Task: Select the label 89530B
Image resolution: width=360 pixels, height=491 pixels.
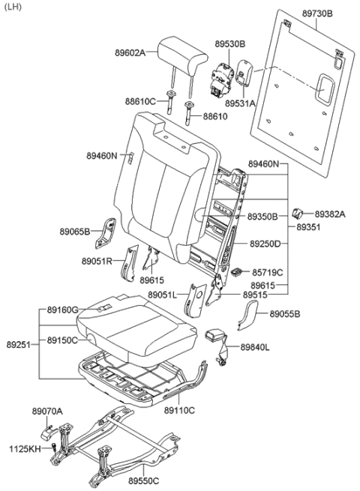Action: [230, 44]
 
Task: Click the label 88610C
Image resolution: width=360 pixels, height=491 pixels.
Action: [141, 101]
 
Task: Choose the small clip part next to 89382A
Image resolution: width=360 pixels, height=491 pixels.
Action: [298, 213]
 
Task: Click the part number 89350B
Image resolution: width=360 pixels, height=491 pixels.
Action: [263, 216]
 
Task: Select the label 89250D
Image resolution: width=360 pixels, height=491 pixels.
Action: [264, 244]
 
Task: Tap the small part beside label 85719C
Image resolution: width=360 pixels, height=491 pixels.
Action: [238, 273]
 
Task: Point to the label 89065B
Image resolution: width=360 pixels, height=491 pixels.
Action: [75, 231]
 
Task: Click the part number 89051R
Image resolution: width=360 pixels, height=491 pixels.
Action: [97, 261]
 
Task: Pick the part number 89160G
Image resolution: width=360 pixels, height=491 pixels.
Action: [62, 310]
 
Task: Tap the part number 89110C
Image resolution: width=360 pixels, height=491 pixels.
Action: [180, 410]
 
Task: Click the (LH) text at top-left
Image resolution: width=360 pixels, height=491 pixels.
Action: [13, 7]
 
